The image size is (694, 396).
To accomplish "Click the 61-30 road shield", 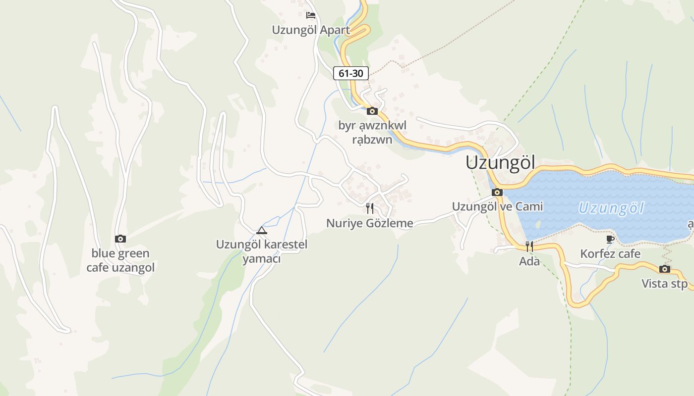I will click(x=350, y=73).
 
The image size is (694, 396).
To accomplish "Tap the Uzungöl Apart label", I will click(x=311, y=30).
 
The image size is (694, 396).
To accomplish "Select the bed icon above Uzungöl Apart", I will click(x=311, y=15).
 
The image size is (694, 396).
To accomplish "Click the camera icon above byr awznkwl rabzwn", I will click(x=372, y=111).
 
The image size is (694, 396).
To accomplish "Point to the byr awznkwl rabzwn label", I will click(x=372, y=132).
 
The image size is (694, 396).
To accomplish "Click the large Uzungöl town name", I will click(x=501, y=162).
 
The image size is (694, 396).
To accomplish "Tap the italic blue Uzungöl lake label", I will click(x=611, y=208).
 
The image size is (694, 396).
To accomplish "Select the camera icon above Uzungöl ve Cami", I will click(x=497, y=192).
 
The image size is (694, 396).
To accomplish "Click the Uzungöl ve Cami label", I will click(x=497, y=206).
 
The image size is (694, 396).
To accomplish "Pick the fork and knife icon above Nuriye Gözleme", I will click(x=370, y=208).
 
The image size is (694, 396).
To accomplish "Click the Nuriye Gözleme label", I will click(x=370, y=223).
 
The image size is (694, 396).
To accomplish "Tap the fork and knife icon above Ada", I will click(x=529, y=246).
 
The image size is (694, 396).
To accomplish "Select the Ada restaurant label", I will click(x=529, y=261).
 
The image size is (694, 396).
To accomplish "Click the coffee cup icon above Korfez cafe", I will click(x=610, y=240).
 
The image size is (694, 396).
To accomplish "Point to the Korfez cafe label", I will click(x=610, y=254).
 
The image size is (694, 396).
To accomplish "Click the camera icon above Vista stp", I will click(x=665, y=269).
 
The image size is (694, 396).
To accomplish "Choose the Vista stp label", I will click(x=665, y=284).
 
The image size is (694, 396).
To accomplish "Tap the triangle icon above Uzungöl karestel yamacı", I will click(x=262, y=230).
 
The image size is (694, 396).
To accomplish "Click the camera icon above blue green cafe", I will click(x=120, y=239).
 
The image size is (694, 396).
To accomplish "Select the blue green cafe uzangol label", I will click(x=120, y=260).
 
